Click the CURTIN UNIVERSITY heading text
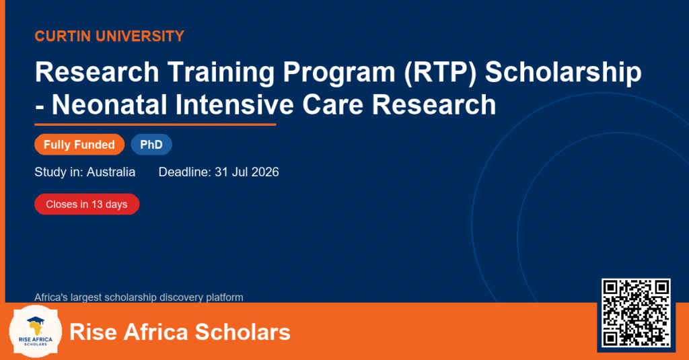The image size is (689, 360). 110,36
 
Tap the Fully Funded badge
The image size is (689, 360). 79,145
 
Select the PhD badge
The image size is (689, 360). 151,145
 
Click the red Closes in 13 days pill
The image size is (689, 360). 87,205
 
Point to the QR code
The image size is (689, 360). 636,313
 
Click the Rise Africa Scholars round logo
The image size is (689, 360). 36,332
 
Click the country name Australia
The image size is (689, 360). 111,172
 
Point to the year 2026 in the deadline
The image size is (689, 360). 265,172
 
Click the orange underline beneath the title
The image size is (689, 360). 155,125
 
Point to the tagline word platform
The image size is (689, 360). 225,297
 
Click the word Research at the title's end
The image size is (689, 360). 434,105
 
